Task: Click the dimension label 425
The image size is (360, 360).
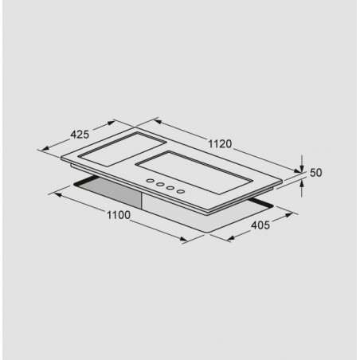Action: pos(80,135)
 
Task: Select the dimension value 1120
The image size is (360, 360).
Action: pos(220,144)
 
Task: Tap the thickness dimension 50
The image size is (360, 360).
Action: pos(316,173)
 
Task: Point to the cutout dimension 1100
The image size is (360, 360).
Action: pos(119,215)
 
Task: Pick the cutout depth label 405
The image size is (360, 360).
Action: pos(260,225)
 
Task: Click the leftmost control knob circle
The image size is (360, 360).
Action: pos(151,181)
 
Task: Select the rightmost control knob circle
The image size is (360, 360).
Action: pos(181,191)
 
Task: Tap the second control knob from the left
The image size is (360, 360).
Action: pos(160,184)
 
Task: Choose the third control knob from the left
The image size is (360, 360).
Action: pos(170,188)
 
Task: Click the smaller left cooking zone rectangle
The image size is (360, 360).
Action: pos(122,149)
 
